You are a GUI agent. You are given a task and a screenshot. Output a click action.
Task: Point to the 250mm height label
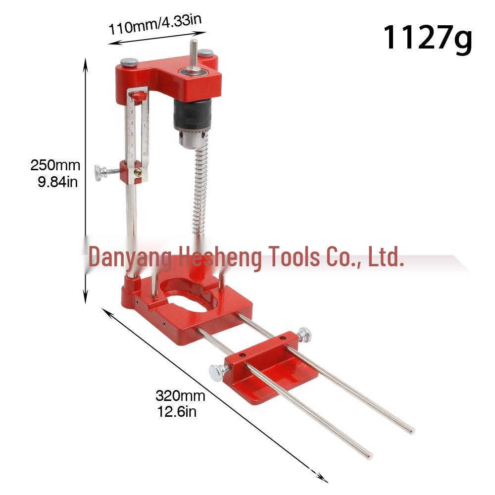(55, 165)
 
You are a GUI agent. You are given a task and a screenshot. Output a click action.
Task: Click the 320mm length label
(180, 396)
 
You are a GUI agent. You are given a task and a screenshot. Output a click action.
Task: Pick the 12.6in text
(177, 411)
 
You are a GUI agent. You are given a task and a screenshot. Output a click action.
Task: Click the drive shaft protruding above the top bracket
(194, 52)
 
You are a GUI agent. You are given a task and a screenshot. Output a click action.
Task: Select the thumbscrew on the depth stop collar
(101, 172)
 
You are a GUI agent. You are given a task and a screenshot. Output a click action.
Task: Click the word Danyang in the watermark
(130, 257)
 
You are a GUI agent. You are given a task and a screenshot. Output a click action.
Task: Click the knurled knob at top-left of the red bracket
(130, 63)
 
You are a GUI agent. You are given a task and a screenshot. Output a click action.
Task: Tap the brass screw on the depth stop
(139, 172)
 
